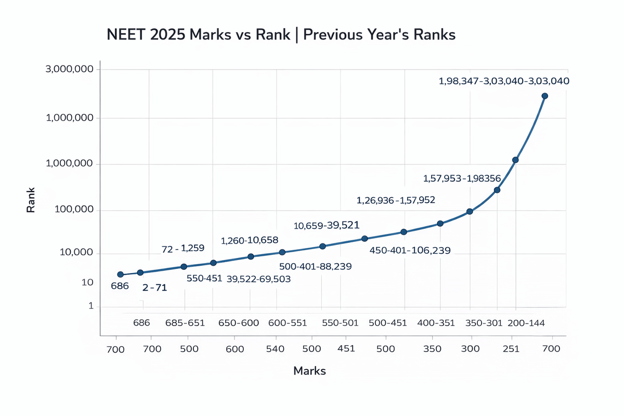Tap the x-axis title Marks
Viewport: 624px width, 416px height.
pos(309,371)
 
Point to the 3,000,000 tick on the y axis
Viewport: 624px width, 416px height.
pos(70,70)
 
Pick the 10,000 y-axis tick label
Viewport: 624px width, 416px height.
pos(77,253)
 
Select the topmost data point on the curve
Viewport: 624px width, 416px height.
pos(544,96)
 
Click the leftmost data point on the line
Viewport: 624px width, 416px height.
pos(120,274)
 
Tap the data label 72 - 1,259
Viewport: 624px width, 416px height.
pos(183,249)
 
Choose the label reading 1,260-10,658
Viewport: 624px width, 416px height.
pos(250,240)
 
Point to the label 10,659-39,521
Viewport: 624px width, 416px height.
pos(327,225)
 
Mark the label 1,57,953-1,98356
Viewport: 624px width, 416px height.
pos(462,178)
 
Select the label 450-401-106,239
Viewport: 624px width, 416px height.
pos(410,250)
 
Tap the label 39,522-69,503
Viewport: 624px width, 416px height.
pos(258,279)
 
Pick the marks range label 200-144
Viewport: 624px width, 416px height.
pos(526,323)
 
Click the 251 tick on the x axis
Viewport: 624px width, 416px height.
pos(511,348)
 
